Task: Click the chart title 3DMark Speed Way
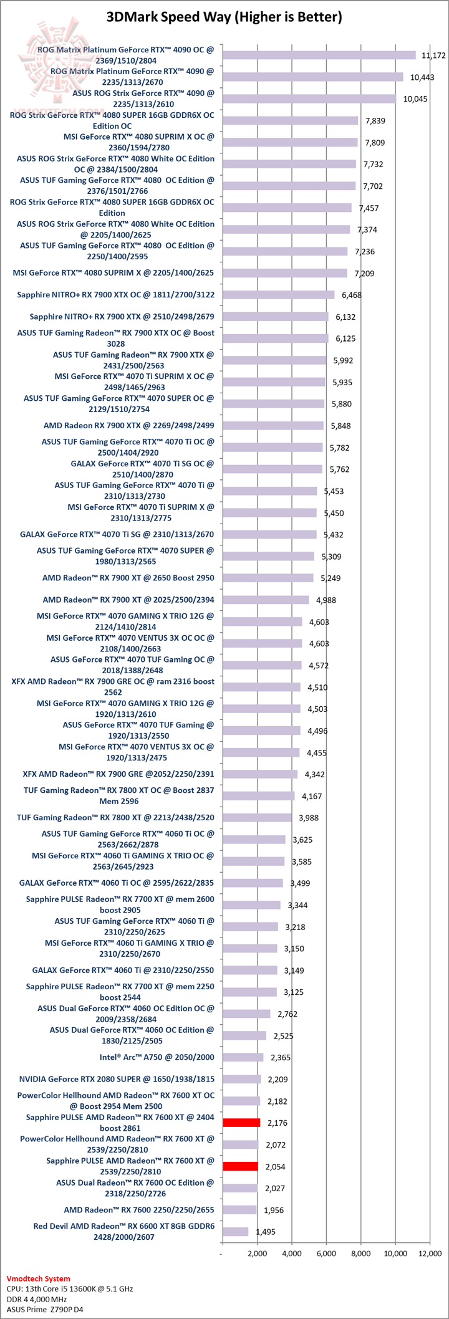[x=224, y=17]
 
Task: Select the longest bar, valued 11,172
[x=319, y=55]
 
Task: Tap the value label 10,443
[x=422, y=77]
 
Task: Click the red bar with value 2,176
[x=241, y=1123]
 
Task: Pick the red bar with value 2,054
[x=240, y=1166]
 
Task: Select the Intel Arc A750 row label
[x=157, y=1057]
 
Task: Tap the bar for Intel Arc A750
[x=243, y=1057]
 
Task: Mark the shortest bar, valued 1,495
[x=235, y=1232]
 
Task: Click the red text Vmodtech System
[x=38, y=1278]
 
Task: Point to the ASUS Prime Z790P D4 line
[x=44, y=1309]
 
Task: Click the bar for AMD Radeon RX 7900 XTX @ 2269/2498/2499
[x=273, y=426]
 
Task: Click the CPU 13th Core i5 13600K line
[x=69, y=1288]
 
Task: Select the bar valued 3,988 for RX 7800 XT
[x=257, y=818]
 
